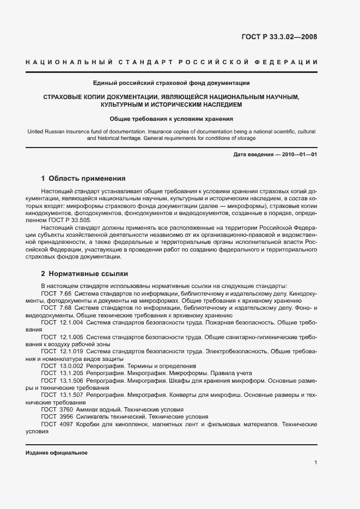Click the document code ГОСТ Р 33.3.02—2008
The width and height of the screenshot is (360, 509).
click(x=279, y=37)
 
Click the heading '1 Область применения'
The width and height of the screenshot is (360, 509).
click(x=83, y=178)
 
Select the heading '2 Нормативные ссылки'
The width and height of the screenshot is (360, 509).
click(x=84, y=273)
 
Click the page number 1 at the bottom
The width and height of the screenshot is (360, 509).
click(x=315, y=463)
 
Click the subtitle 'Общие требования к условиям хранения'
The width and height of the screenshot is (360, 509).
click(x=171, y=118)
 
